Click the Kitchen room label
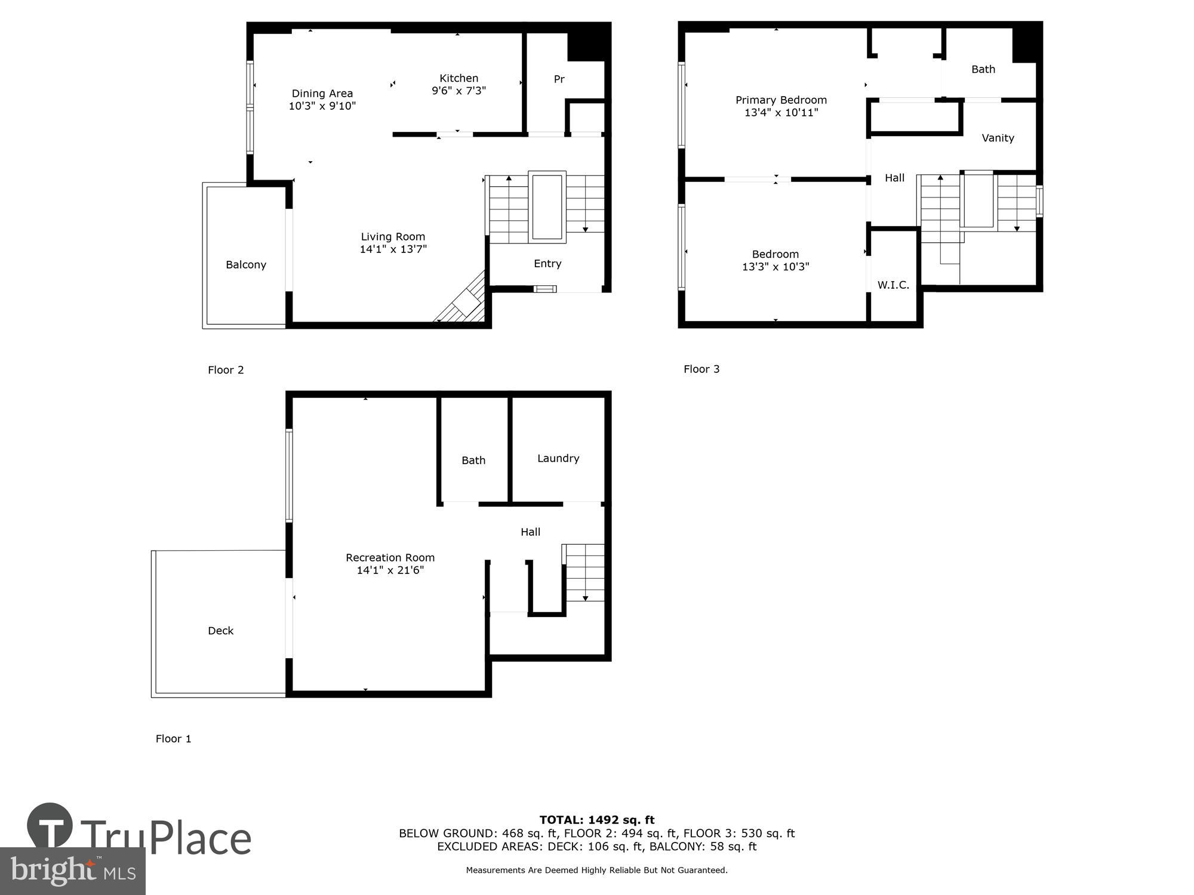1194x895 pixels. tap(458, 78)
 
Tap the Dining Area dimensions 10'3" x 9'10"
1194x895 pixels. tap(322, 106)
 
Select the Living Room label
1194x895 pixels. tap(393, 237)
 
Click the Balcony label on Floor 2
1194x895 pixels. tap(245, 265)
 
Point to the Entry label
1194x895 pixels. tap(547, 264)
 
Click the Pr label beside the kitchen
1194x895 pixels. tap(559, 79)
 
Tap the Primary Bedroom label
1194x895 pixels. tap(781, 100)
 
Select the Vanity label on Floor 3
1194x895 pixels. tap(998, 138)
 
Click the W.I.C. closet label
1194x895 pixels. tap(893, 285)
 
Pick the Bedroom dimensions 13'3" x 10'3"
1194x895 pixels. tap(776, 267)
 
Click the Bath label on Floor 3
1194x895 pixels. tap(983, 69)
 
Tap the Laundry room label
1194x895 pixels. tap(558, 458)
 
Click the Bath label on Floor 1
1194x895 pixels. tap(473, 461)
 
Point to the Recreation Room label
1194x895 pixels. tap(390, 558)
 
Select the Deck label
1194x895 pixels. tap(220, 631)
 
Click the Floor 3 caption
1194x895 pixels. tap(701, 369)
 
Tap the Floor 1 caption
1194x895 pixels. tap(173, 739)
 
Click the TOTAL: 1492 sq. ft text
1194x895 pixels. tap(597, 820)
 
